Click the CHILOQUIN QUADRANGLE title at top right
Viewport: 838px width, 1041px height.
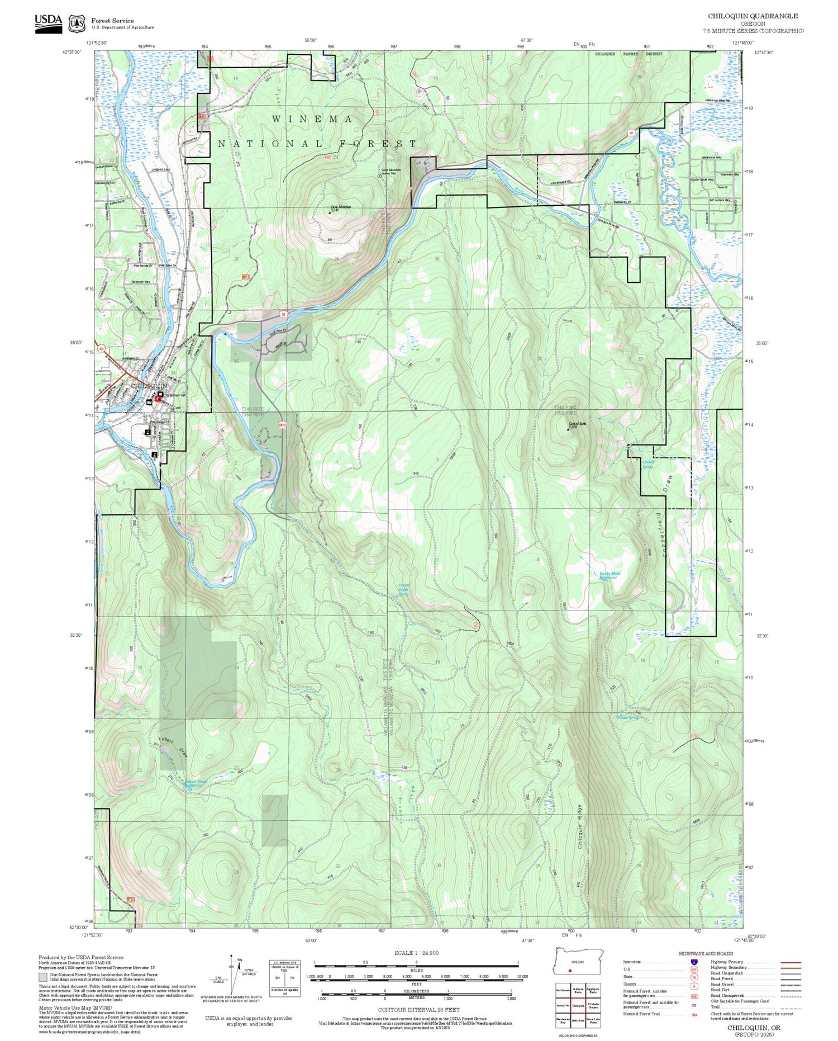click(x=753, y=16)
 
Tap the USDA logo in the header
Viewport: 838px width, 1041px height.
click(x=49, y=23)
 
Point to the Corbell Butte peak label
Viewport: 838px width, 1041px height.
click(x=577, y=424)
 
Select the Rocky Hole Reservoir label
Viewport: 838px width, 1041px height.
click(x=610, y=575)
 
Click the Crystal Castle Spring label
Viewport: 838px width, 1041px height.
click(x=403, y=589)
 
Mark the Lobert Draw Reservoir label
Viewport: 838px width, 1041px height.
click(x=196, y=783)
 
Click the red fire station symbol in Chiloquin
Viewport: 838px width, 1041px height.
click(x=158, y=399)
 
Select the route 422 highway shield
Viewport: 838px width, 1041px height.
click(x=101, y=349)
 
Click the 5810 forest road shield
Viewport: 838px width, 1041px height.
click(x=282, y=424)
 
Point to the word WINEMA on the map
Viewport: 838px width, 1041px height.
click(x=312, y=119)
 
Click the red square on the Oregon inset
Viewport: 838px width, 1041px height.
click(x=569, y=971)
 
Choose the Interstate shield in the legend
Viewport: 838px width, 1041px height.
click(x=694, y=962)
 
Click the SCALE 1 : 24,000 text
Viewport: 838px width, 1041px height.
click(x=416, y=953)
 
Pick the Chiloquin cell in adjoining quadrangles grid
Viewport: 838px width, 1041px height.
click(x=578, y=1006)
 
